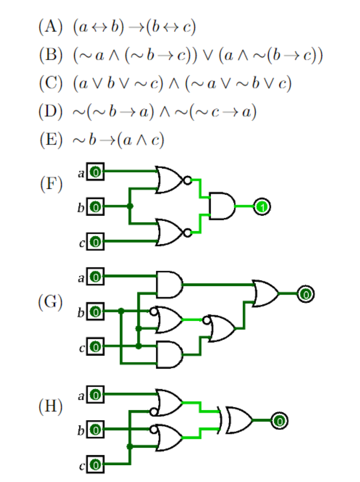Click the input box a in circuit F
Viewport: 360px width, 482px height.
click(96, 172)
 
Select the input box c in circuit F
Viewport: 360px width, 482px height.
click(96, 242)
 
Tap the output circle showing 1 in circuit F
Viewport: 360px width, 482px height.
click(262, 207)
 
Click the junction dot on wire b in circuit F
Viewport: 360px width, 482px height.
click(130, 207)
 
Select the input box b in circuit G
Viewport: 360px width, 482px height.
click(96, 312)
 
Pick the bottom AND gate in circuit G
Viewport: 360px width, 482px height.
click(169, 354)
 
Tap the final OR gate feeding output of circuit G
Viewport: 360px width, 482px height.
click(265, 293)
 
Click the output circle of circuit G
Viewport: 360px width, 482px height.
click(305, 294)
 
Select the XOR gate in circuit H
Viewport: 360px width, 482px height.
click(238, 420)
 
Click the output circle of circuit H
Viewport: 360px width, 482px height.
click(279, 420)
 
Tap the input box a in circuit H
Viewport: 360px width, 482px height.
click(96, 395)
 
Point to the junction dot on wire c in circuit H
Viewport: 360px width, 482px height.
click(130, 446)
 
